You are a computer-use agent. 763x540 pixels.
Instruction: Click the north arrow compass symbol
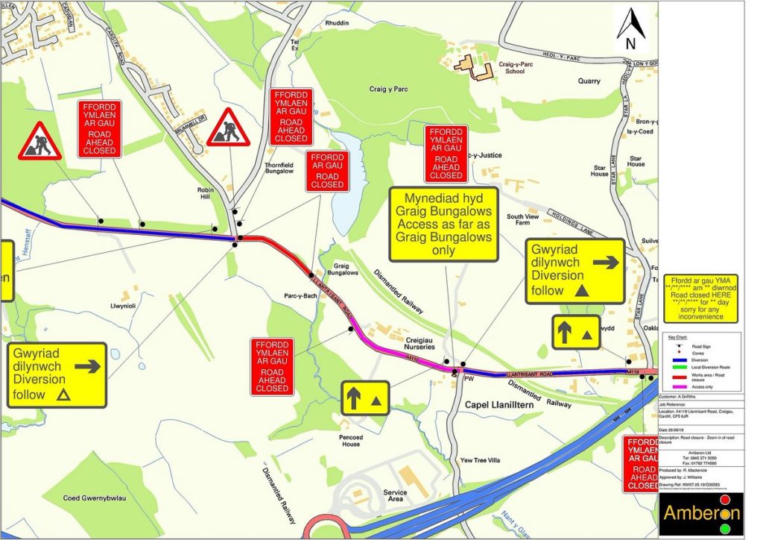point(633,31)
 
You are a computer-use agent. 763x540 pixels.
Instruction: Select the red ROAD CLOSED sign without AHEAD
point(327,171)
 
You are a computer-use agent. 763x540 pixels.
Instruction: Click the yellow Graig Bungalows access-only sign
point(444,225)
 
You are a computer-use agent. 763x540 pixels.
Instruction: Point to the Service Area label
point(395,495)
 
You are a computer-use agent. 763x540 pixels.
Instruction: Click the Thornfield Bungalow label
point(279,168)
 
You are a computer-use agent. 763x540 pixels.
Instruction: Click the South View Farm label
point(523,219)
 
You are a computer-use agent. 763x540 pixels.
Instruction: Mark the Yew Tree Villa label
point(480,460)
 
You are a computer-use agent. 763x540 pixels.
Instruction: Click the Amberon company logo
point(702,513)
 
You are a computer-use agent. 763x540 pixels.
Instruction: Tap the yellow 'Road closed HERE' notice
point(700,298)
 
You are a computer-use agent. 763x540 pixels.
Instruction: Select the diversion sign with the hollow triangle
point(57,374)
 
